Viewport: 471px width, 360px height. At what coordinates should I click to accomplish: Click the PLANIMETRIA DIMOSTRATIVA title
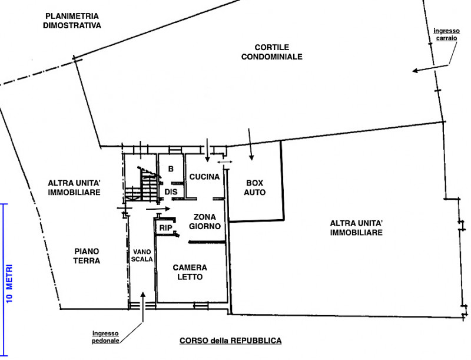(x=72, y=21)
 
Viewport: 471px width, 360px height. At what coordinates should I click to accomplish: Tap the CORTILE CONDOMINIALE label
(x=272, y=52)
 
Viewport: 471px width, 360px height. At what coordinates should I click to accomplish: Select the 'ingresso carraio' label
(x=446, y=35)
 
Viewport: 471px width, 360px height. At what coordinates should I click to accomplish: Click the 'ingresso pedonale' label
(x=105, y=337)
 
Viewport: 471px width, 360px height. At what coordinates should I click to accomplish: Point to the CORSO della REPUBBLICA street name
(x=230, y=341)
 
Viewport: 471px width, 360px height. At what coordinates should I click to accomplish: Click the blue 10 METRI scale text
(x=9, y=283)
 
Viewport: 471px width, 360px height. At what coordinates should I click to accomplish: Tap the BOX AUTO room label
(x=255, y=187)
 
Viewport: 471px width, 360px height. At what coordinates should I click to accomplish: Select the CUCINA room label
(x=204, y=177)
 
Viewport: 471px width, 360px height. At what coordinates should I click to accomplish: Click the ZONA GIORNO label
(x=205, y=222)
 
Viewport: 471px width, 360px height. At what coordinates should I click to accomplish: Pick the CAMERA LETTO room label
(x=190, y=272)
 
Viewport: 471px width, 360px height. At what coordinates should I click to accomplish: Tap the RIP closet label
(x=165, y=228)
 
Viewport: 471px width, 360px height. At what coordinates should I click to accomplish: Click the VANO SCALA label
(x=142, y=256)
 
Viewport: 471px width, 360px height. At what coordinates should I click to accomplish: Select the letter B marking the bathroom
(x=171, y=169)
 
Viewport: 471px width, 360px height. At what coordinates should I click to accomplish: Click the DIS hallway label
(x=171, y=191)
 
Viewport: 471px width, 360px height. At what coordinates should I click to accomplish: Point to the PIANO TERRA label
(x=87, y=256)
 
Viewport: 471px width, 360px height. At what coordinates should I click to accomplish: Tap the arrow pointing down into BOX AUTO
(x=251, y=144)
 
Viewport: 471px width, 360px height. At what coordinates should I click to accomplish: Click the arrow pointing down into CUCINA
(x=207, y=150)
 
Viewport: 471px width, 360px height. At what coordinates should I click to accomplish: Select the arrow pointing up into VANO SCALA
(x=143, y=306)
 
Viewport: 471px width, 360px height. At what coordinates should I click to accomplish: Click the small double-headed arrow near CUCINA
(x=225, y=162)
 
